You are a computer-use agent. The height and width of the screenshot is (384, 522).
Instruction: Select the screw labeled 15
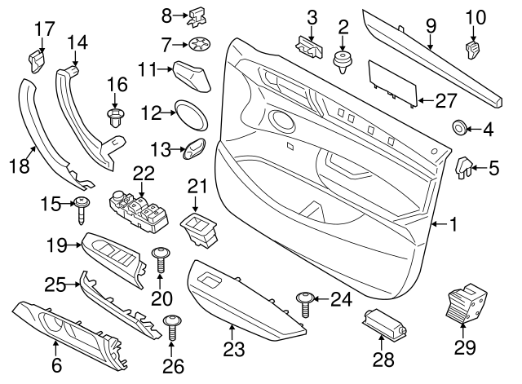tap(82, 209)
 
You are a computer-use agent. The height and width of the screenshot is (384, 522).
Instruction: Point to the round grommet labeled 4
tap(459, 128)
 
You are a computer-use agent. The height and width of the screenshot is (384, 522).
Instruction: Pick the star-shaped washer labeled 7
tap(198, 43)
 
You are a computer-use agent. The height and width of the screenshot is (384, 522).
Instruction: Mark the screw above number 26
tap(172, 327)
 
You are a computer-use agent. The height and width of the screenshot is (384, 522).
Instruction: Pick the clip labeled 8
tap(197, 14)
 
